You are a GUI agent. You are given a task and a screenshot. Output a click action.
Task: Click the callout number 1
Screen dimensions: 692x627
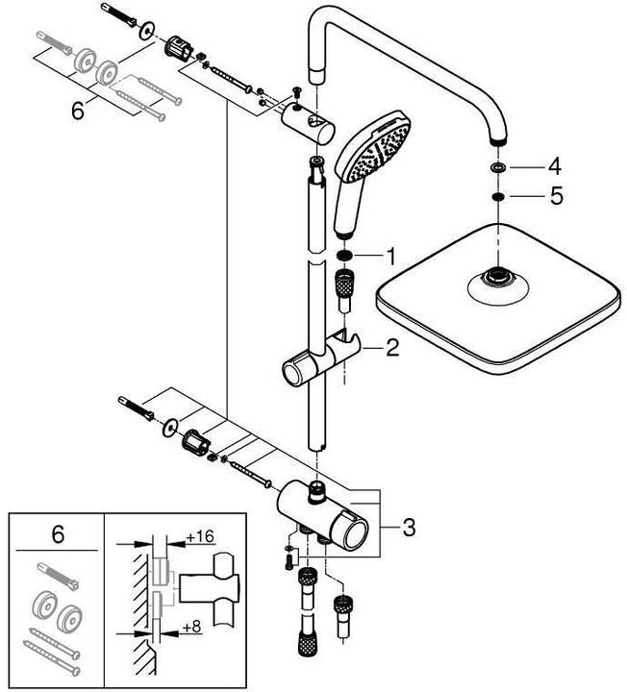point(389,256)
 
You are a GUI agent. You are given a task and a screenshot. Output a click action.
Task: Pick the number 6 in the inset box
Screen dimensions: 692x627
point(57,534)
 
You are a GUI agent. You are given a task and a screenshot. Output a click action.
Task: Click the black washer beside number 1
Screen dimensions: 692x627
point(343,257)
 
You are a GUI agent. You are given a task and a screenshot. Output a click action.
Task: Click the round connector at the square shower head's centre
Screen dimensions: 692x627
point(496,282)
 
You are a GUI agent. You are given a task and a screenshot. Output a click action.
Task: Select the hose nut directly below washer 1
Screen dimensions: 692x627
point(343,285)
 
